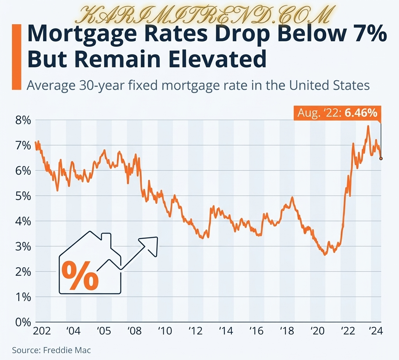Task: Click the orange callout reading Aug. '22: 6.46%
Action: point(337,113)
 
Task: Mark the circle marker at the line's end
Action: point(381,159)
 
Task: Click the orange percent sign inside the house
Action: point(80,276)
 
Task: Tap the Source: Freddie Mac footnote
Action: point(51,350)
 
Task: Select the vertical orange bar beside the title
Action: point(16,57)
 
